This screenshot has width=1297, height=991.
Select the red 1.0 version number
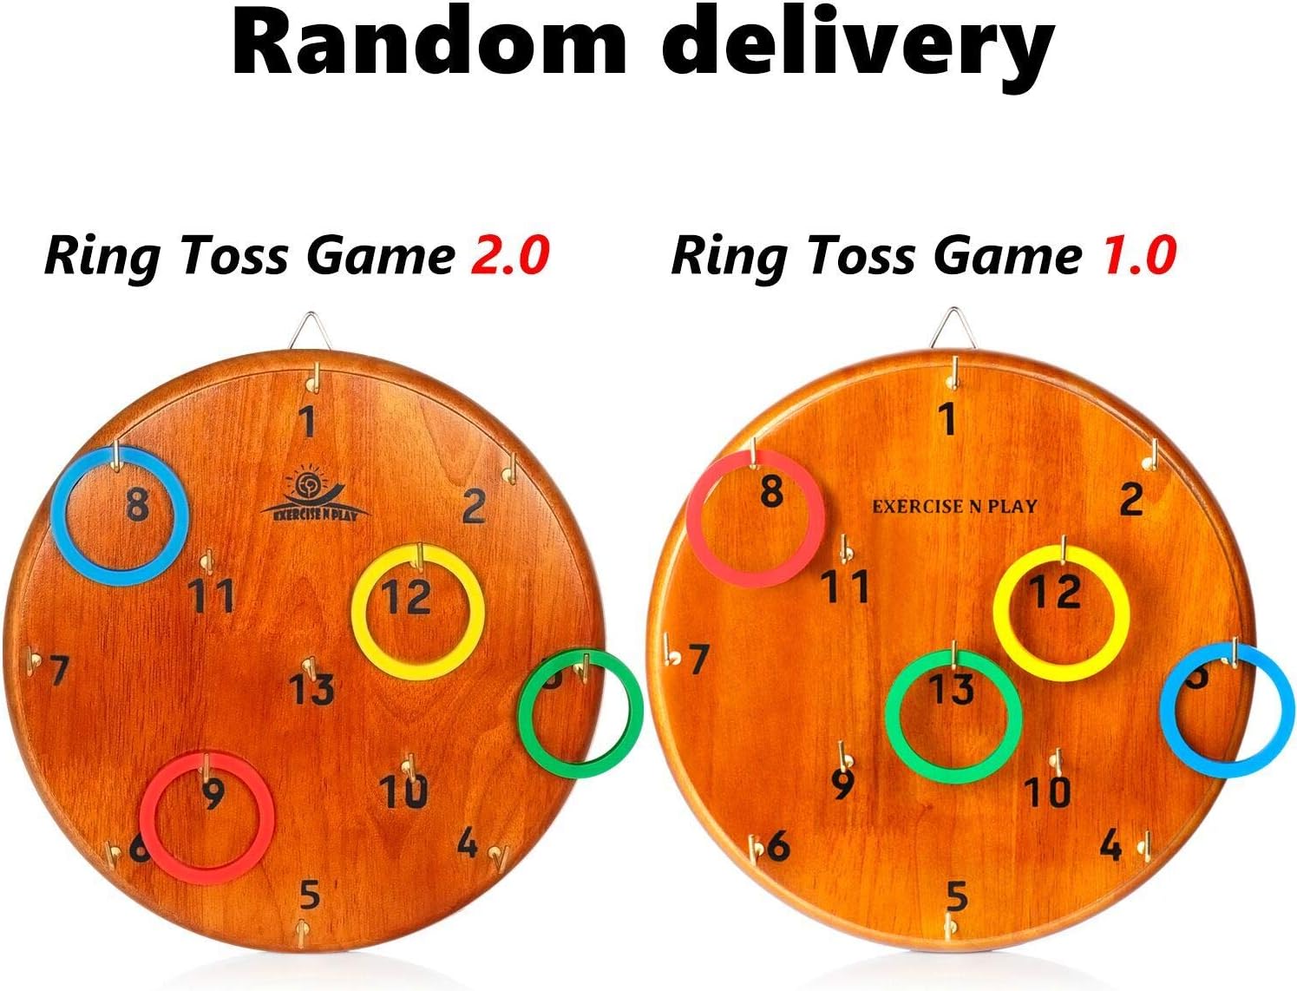tap(1138, 256)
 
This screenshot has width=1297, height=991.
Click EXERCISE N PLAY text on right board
tap(954, 506)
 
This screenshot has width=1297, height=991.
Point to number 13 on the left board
tap(311, 690)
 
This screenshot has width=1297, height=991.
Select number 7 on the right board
tap(699, 660)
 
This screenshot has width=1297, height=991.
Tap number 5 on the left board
tap(310, 894)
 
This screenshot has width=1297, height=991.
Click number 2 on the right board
tap(1130, 500)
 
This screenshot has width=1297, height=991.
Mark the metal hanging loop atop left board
tap(306, 331)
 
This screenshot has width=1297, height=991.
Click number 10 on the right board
tap(1047, 791)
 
